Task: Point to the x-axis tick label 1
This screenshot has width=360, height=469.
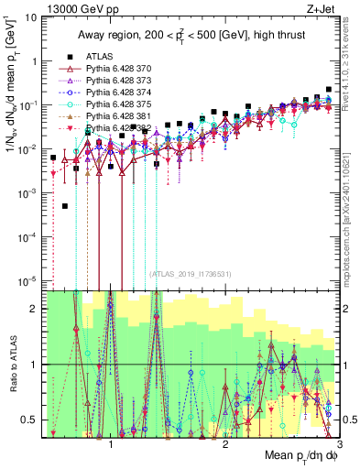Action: click(x=111, y=443)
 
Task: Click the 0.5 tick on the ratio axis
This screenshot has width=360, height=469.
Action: click(x=30, y=420)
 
